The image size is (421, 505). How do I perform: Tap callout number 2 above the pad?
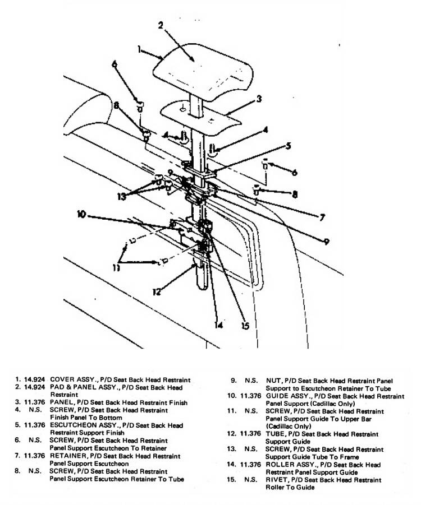161,25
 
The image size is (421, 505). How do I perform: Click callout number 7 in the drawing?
322,216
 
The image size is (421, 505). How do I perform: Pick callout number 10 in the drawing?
81,214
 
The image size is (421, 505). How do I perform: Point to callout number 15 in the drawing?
244,325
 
